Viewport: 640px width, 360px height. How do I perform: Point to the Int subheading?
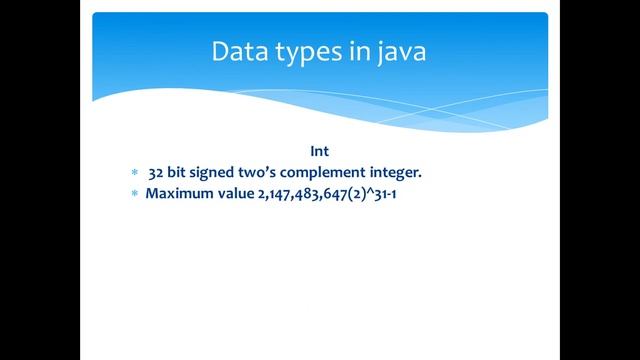[x=319, y=151]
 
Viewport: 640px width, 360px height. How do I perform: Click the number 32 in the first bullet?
[x=155, y=172]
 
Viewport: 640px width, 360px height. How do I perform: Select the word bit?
[x=180, y=172]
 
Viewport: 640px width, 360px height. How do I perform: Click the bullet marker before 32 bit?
[x=133, y=173]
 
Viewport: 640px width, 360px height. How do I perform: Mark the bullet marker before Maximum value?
[x=133, y=193]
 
